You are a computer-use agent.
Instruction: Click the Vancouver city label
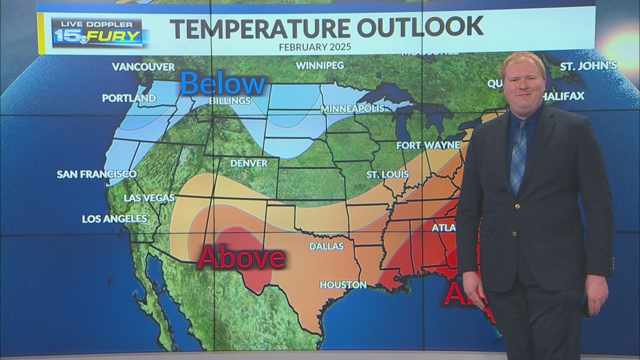(x=143, y=66)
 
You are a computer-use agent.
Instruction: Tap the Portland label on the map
(x=129, y=98)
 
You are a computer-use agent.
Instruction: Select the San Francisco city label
(x=96, y=174)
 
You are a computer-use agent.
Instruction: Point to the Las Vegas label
(x=149, y=198)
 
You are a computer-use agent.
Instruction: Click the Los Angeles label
(x=114, y=218)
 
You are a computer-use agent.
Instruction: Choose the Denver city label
(x=248, y=163)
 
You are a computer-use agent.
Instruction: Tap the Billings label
(x=230, y=101)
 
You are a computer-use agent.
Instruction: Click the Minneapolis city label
(x=352, y=108)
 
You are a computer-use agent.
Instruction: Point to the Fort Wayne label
(x=428, y=145)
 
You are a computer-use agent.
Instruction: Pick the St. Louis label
(x=387, y=174)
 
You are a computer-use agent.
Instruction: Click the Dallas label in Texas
(x=326, y=246)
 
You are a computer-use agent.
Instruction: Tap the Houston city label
(x=343, y=284)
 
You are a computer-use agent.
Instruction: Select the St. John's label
(x=588, y=66)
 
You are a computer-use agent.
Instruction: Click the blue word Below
(x=223, y=83)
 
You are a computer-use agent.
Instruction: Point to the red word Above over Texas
(x=241, y=258)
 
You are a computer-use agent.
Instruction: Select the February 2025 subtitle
(x=315, y=46)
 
